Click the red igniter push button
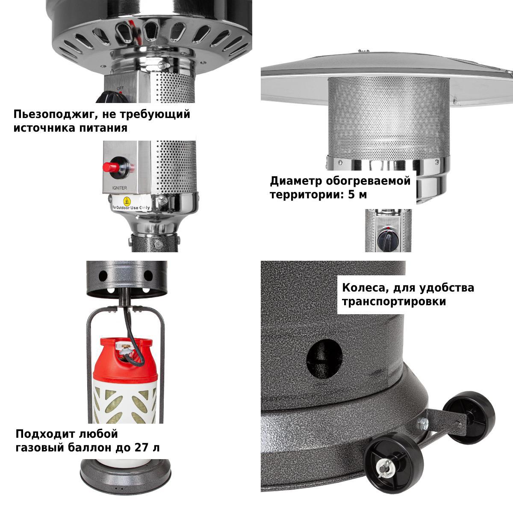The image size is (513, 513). click(x=111, y=167)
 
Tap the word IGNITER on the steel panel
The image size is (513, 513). click(x=120, y=188)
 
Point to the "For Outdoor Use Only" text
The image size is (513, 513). click(x=131, y=207)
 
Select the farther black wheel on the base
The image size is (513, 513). click(x=469, y=417)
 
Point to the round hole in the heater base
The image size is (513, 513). click(x=324, y=359)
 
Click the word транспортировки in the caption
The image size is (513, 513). click(x=394, y=302)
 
